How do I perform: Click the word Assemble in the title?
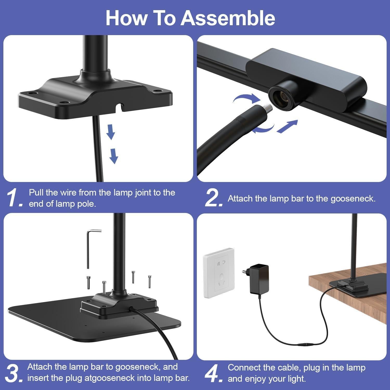(228, 18)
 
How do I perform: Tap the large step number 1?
(14, 198)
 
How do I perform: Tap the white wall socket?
(219, 273)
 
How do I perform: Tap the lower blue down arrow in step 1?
(113, 156)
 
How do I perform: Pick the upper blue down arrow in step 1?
(111, 132)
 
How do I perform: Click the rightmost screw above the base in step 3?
(149, 281)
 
